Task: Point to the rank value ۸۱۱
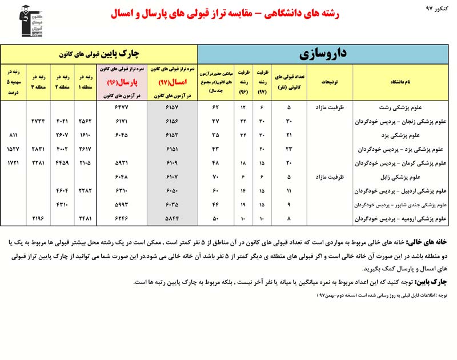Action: pos(13,135)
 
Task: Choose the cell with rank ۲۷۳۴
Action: pos(38,121)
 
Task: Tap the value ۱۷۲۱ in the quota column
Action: pos(13,163)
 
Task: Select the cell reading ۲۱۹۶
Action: pos(38,219)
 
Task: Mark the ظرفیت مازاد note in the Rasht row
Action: pos(330,107)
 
